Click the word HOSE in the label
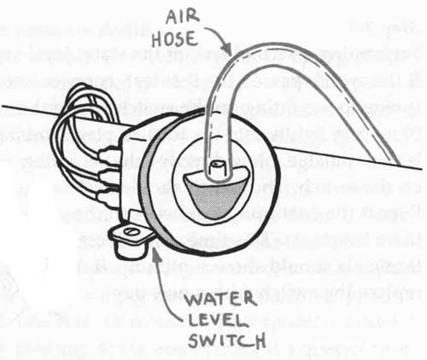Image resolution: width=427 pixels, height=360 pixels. pyautogui.click(x=175, y=40)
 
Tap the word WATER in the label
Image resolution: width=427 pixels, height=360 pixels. pyautogui.click(x=220, y=299)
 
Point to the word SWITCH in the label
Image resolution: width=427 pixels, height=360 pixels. pyautogui.click(x=227, y=340)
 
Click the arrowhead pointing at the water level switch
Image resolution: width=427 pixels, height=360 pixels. pyautogui.click(x=156, y=253)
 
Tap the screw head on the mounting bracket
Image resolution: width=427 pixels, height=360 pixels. pyautogui.click(x=131, y=231)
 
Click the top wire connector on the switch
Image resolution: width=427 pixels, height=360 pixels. pyautogui.click(x=108, y=154)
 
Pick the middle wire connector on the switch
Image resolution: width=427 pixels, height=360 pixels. pyautogui.click(x=108, y=176)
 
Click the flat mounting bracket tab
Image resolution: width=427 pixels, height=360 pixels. pyautogui.click(x=130, y=233)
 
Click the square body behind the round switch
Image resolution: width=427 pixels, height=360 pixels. pyautogui.click(x=134, y=171)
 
